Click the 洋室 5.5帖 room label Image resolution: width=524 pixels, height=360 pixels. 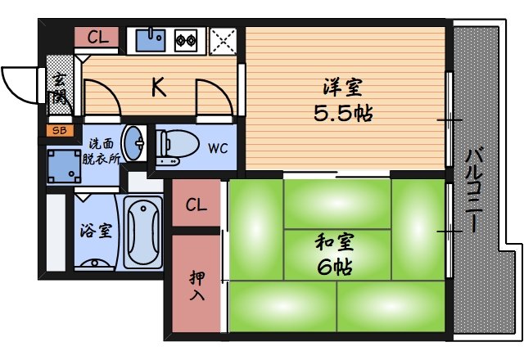point(343,99)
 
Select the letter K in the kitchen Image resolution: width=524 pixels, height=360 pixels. point(158,87)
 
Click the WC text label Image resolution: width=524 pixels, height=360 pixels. point(217,148)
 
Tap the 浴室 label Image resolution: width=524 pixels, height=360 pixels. point(95,232)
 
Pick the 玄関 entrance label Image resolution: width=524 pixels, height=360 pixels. point(60,88)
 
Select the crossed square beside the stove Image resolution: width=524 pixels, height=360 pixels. point(221,39)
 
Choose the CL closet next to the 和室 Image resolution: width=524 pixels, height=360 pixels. point(196,205)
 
